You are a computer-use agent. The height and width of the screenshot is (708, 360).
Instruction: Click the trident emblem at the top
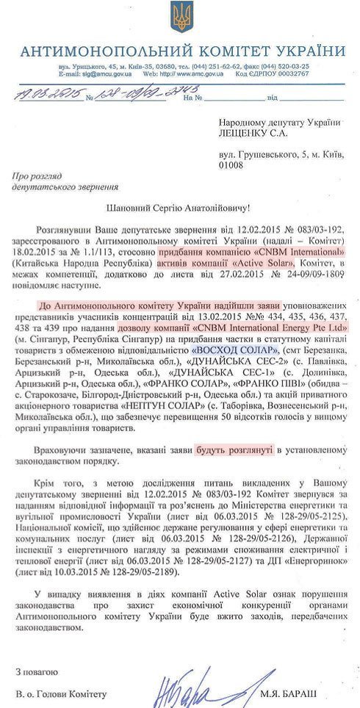tap(180, 17)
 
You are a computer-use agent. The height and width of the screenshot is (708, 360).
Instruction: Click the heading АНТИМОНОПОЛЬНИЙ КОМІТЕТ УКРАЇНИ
tap(180, 50)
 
